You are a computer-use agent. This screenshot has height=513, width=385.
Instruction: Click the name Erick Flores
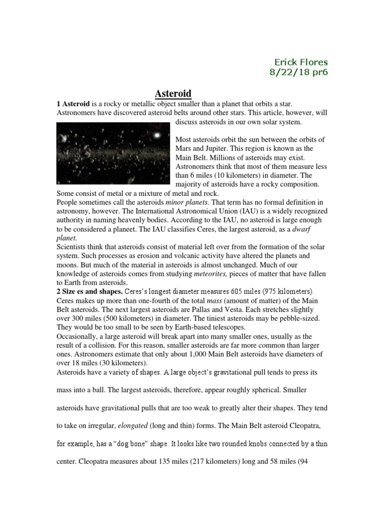coord(301,62)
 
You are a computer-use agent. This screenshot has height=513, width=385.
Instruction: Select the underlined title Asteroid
coord(172,93)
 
